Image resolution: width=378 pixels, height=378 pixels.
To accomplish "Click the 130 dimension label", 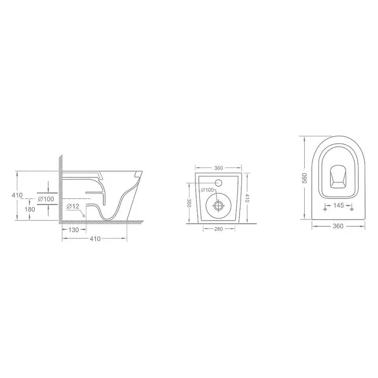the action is pos(73,230).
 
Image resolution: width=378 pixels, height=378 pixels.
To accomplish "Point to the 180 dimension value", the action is pos(30,210).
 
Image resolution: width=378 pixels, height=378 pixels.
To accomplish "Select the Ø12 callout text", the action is pos(73,206).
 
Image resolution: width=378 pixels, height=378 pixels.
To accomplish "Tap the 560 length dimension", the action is pos(305,178).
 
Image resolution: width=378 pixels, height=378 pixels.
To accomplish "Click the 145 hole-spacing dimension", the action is pos(338,205).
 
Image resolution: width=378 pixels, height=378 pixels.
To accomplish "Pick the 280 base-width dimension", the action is pos(218,229).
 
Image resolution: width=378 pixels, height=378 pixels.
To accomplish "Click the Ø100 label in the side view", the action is pos(46,199).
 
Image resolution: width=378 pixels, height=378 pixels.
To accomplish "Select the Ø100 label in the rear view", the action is pos(207,190).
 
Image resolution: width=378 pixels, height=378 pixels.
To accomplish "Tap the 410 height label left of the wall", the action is pos(17,195).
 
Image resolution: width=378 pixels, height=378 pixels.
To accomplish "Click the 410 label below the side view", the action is pos(95,239).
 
